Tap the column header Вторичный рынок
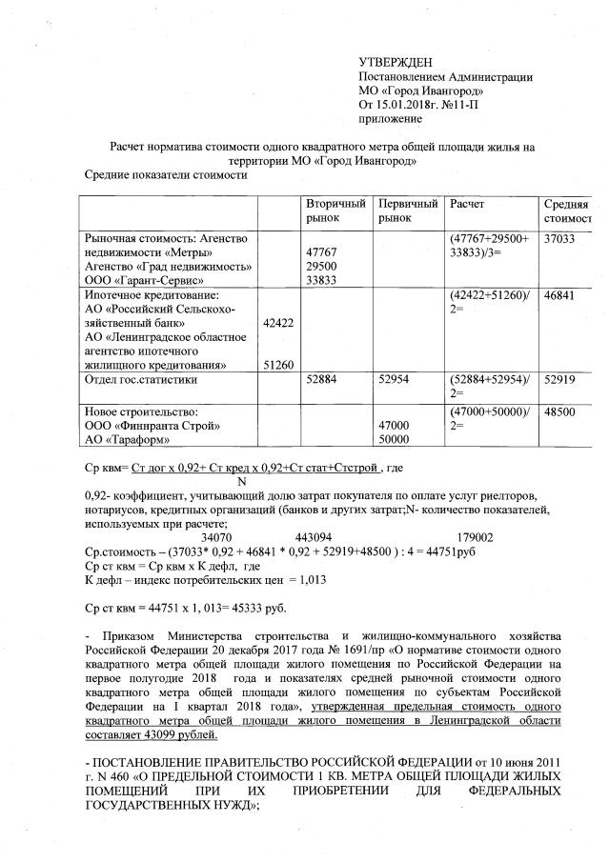point(335,211)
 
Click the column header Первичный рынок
point(407,211)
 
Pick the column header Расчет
point(467,205)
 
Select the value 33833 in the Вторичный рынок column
point(322,280)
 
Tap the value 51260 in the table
point(277,365)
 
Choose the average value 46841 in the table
point(559,297)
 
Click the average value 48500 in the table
point(559,413)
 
